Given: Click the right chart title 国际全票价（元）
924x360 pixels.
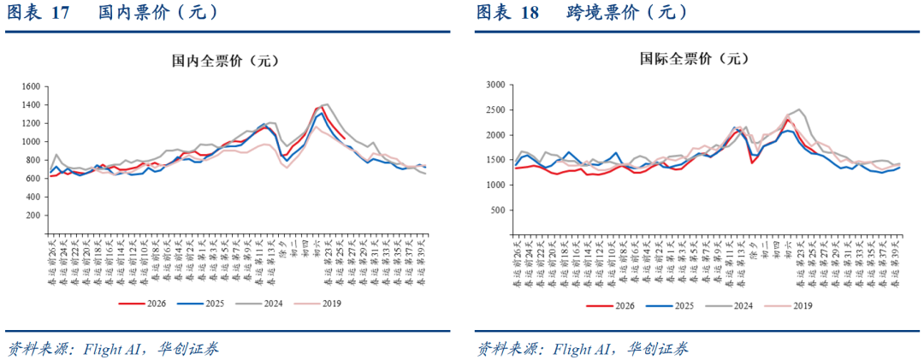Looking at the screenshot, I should point(694,59).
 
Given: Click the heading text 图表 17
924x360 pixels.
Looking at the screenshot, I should point(38,13).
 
